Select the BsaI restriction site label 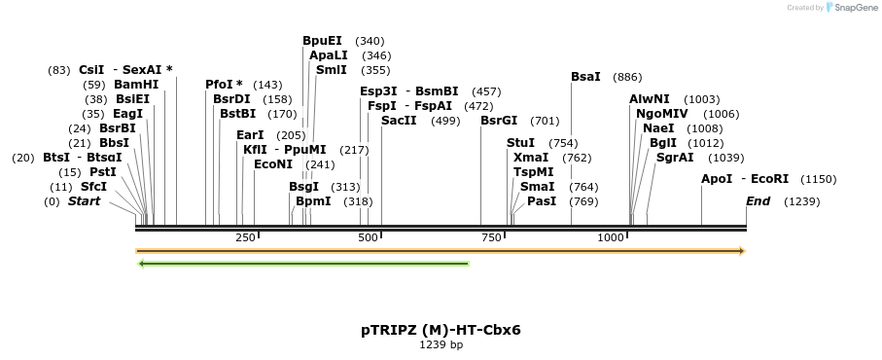[x=585, y=77]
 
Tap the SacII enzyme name [x=399, y=121]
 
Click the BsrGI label [x=501, y=121]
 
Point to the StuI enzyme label [x=520, y=143]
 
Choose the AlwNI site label [x=649, y=99]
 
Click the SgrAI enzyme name [x=675, y=157]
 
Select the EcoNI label [x=272, y=164]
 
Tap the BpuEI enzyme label [x=322, y=41]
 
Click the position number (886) [x=628, y=77]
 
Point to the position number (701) [x=545, y=121]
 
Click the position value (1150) [x=818, y=179]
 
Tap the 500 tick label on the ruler [x=368, y=237]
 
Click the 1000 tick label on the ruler [x=611, y=237]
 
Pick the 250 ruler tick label [x=245, y=237]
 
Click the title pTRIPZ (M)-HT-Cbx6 [x=441, y=330]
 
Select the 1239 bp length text [x=441, y=344]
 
